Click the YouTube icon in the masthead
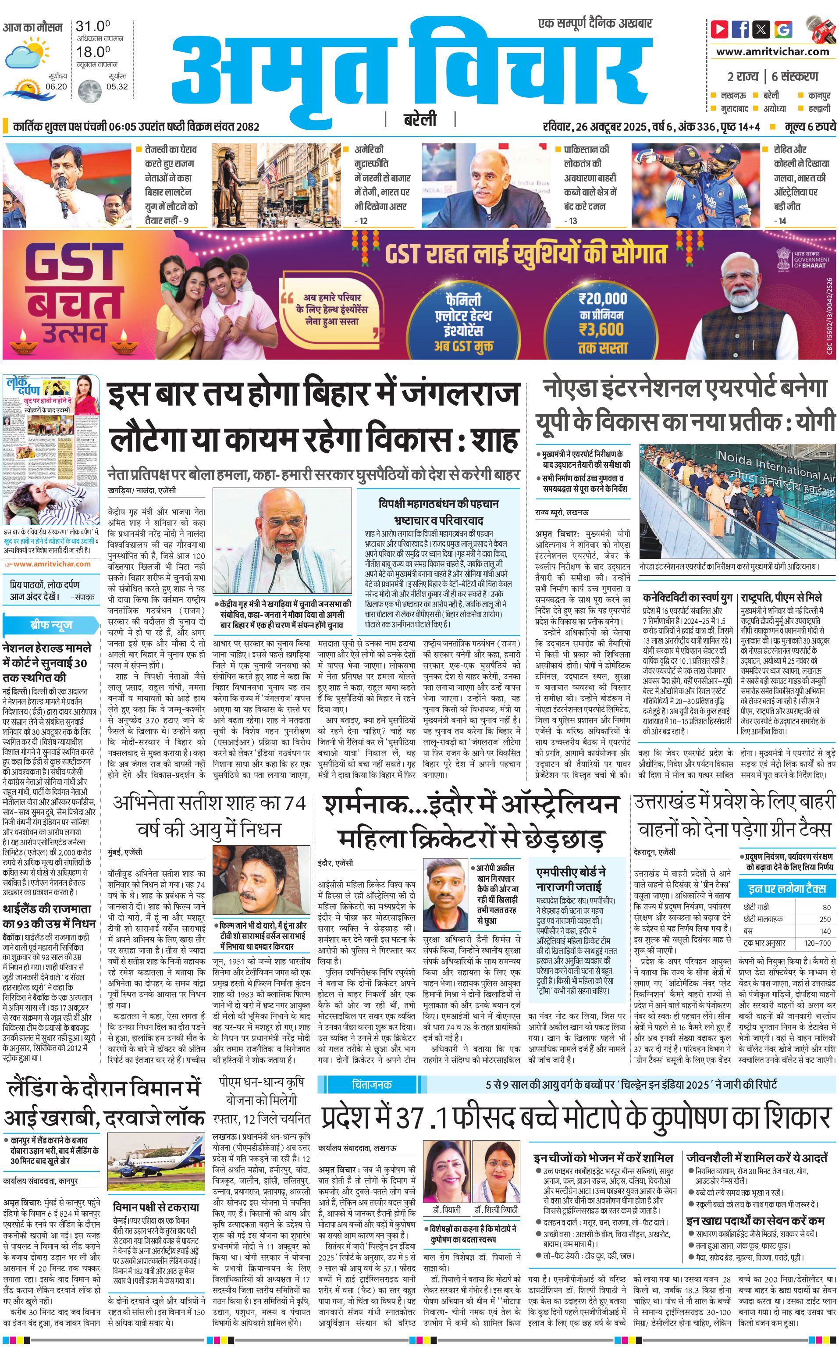pos(720,29)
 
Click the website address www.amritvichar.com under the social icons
pos(772,52)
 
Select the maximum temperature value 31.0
pos(92,26)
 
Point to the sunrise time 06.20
pos(56,86)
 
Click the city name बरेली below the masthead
pos(419,120)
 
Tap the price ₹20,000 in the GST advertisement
pos(603,299)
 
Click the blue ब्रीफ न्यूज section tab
pos(51,625)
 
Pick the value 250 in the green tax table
pos(825,919)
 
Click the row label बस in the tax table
pos(749,931)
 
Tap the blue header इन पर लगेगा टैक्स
pos(787,889)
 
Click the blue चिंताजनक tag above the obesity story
pos(372,1084)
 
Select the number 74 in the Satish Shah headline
pos(295,803)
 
